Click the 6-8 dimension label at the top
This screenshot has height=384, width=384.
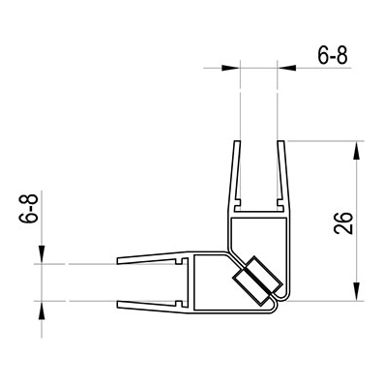[333, 56]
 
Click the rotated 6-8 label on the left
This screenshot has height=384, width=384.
[29, 208]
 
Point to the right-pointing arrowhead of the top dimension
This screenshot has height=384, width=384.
[231, 68]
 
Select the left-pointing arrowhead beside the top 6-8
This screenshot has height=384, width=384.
[286, 68]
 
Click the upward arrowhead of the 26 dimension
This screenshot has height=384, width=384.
[357, 150]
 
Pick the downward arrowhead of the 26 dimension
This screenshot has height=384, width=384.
[357, 291]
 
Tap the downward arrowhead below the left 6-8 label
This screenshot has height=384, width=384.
[42, 254]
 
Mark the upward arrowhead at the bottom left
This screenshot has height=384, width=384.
[42, 310]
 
